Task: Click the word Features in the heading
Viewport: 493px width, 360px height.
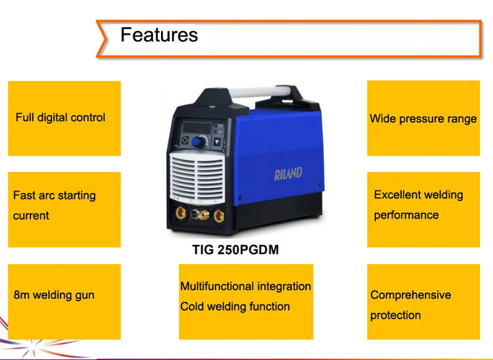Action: point(158,34)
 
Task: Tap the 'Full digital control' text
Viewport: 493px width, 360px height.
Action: point(60,118)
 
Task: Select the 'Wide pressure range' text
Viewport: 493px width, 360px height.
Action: point(423,119)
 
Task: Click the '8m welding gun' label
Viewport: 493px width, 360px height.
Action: point(54,295)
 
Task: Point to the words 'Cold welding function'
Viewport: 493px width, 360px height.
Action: point(235,306)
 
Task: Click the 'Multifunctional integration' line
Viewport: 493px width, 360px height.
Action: point(245,286)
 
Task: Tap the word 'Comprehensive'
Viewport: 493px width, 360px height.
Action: point(410,295)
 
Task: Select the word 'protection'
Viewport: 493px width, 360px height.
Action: point(395,315)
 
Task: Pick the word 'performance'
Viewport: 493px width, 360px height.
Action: point(406,215)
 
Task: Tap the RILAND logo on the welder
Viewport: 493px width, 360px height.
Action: point(288,174)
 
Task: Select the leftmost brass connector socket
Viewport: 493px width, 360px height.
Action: point(179,214)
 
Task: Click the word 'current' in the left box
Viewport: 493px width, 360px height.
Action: point(31,215)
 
